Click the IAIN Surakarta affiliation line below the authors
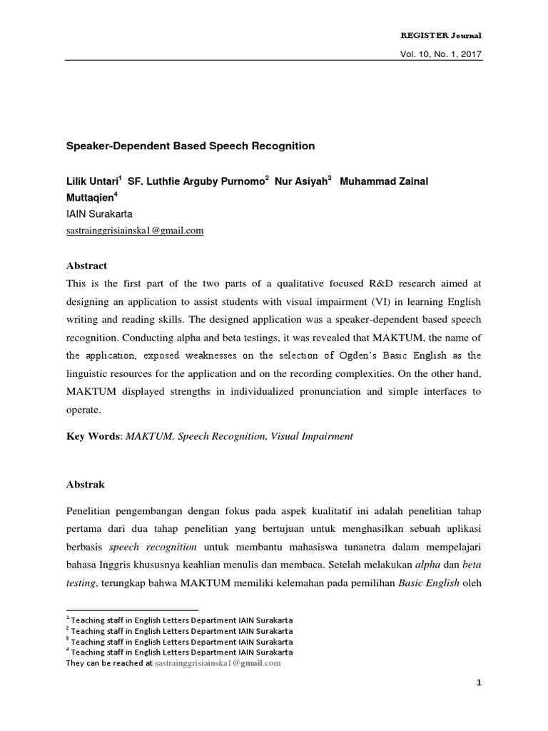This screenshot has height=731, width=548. (98, 213)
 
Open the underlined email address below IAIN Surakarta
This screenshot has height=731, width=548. (135, 230)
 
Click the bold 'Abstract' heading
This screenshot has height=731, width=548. (86, 266)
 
